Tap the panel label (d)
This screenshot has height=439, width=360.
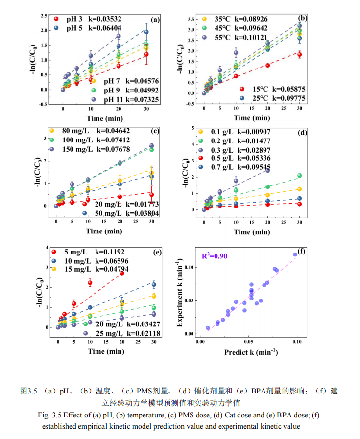[302, 132]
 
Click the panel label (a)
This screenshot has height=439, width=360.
[155, 20]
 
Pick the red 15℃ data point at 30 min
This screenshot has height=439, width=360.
[300, 54]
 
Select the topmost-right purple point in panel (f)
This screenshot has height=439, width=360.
[295, 254]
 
